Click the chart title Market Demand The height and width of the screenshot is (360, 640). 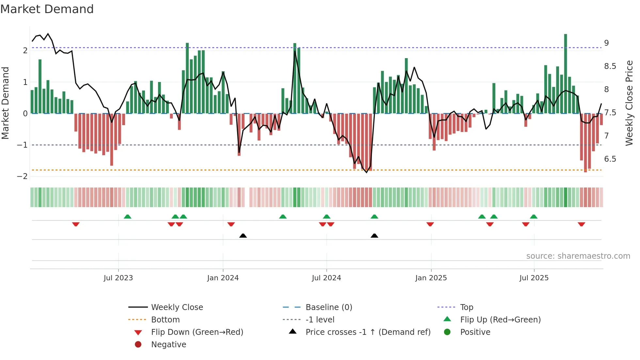click(47, 9)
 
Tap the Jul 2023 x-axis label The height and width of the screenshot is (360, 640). click(118, 278)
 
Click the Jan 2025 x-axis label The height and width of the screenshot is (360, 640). click(431, 278)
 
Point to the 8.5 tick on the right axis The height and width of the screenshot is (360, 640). click(610, 66)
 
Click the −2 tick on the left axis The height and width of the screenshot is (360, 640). click(23, 176)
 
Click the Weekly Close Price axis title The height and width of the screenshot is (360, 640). click(629, 103)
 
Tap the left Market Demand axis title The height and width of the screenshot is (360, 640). click(6, 103)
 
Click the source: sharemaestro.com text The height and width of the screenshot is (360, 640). click(578, 256)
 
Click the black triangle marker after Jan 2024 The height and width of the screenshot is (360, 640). click(243, 236)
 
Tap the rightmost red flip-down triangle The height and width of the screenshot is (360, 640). click(581, 224)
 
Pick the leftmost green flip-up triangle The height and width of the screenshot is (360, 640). click(128, 217)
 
